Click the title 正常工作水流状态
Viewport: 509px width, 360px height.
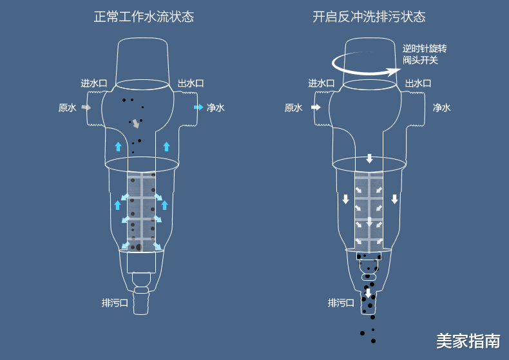(x=144, y=17)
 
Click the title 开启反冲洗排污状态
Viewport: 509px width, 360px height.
(x=369, y=17)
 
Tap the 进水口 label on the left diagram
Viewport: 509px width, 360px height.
(x=93, y=83)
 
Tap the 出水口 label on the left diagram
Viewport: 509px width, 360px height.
(x=191, y=83)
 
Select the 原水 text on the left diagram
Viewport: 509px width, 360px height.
(x=67, y=108)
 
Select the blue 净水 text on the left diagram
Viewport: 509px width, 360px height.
(x=216, y=108)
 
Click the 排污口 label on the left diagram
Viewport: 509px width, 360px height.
(x=115, y=302)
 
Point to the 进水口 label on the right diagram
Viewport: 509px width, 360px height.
(x=321, y=83)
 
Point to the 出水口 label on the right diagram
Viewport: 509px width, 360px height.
(x=418, y=83)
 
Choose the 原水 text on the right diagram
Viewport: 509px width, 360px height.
(x=293, y=108)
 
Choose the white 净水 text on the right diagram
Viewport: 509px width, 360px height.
(x=442, y=108)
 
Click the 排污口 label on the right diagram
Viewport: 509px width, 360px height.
(x=341, y=302)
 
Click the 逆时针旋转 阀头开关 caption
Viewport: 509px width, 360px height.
(x=424, y=54)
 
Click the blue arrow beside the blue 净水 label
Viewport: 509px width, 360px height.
(x=198, y=108)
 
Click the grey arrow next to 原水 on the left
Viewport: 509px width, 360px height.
(x=86, y=108)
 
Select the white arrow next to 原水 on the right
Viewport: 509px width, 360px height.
(x=315, y=108)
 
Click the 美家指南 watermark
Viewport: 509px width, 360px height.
(x=467, y=341)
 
